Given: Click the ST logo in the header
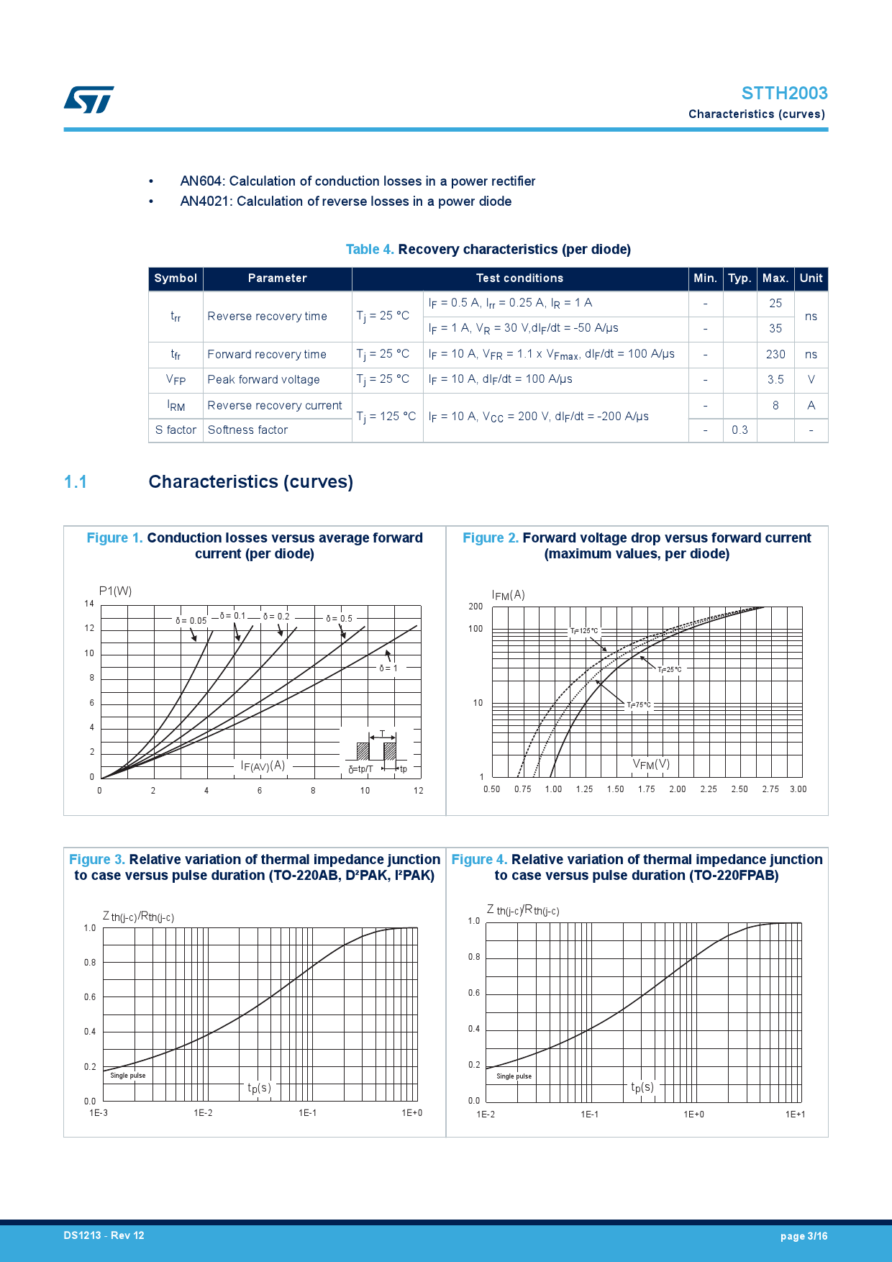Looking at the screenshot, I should click(88, 100).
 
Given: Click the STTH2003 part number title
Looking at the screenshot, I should click(784, 94).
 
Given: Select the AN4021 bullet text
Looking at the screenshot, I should click(345, 201).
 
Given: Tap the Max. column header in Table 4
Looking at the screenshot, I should click(775, 278).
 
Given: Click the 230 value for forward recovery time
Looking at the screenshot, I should click(775, 354).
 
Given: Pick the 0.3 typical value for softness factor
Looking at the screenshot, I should click(739, 430).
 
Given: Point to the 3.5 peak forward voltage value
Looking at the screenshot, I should click(775, 379).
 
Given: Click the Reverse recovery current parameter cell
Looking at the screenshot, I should click(275, 405).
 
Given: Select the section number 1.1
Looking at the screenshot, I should click(76, 482).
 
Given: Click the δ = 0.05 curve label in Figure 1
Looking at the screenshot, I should click(191, 620).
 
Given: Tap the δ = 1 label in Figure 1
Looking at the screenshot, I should click(388, 668).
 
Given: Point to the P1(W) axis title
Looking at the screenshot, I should click(115, 591).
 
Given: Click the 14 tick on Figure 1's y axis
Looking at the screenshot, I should click(89, 604).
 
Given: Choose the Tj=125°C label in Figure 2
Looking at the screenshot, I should click(584, 631).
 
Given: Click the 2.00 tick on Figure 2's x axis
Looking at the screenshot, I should click(678, 789).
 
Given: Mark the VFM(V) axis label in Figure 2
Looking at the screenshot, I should click(651, 764).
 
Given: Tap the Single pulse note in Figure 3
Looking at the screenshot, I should click(128, 1076).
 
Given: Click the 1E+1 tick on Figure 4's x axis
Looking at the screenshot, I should click(795, 1115).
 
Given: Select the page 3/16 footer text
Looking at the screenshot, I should click(804, 1236).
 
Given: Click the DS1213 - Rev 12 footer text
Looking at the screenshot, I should click(104, 1235).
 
